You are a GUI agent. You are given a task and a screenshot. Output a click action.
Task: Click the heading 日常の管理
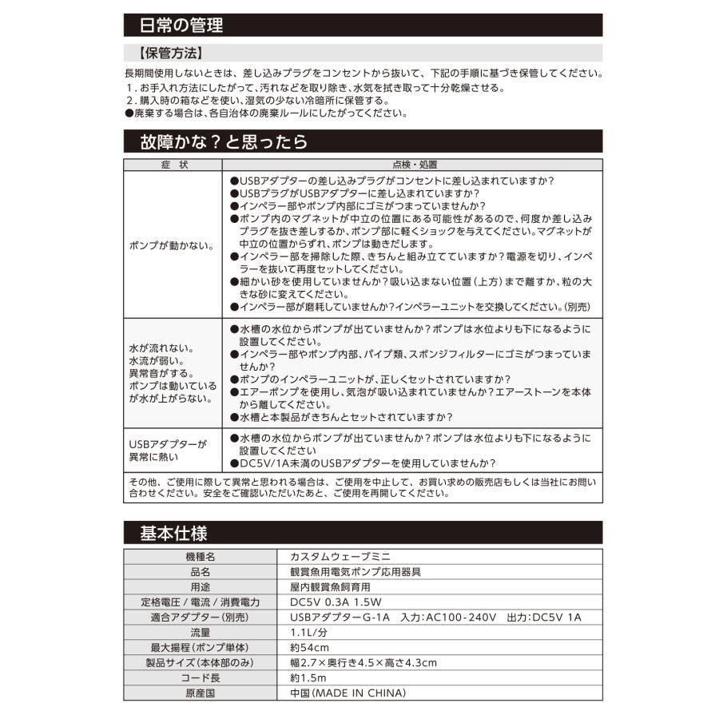click(181, 25)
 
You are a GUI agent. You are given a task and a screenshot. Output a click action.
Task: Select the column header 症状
click(173, 165)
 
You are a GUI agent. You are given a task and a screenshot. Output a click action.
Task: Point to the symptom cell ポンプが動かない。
click(171, 245)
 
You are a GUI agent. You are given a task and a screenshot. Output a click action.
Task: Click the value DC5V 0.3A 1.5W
click(336, 602)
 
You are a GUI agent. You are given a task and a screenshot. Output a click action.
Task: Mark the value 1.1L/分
click(310, 632)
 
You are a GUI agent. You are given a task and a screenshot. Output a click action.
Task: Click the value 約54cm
click(309, 647)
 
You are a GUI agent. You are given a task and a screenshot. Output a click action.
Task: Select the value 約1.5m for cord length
click(309, 677)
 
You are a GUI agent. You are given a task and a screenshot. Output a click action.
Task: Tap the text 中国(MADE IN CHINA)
click(348, 693)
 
